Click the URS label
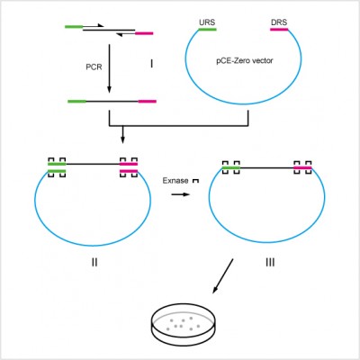[206, 20]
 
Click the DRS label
[278, 20]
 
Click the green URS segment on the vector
[207, 29]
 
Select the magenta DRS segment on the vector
[278, 29]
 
